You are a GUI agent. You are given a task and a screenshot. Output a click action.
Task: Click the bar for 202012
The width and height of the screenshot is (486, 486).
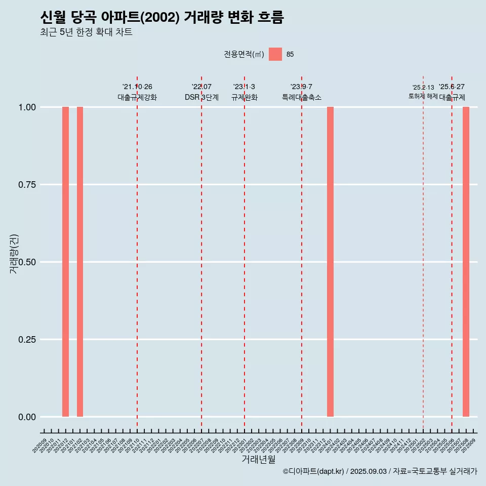pos(65,262)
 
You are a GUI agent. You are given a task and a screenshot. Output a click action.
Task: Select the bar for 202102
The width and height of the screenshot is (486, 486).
pos(80,262)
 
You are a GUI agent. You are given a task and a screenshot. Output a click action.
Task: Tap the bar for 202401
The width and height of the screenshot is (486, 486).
pos(330,262)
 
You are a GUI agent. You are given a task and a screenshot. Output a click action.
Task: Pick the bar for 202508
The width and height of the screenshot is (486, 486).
pos(466,262)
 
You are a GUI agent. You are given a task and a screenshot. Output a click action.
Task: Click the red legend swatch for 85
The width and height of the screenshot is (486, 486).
pos(275,54)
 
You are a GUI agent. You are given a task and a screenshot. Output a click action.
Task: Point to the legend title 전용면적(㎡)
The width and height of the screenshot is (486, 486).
pos(244,55)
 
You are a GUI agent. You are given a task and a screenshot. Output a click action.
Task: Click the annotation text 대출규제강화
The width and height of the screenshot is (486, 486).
pos(137,97)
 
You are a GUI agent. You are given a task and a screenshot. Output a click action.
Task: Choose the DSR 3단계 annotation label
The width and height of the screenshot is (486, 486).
pos(201,97)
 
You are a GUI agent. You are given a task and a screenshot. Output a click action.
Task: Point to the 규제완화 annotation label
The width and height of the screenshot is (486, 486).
pos(245,97)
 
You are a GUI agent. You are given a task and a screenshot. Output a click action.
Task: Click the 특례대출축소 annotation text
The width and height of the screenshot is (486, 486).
pos(302,97)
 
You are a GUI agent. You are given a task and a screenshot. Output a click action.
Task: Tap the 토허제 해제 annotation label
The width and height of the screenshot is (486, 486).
pos(423,96)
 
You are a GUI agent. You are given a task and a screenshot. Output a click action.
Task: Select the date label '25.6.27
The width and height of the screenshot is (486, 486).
pos(452,87)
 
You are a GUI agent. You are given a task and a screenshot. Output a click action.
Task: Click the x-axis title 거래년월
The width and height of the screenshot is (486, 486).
pos(259,460)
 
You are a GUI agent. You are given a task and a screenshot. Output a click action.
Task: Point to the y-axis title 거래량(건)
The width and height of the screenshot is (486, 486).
pos(14,254)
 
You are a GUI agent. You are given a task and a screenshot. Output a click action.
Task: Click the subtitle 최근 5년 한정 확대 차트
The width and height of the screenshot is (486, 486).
pos(86,32)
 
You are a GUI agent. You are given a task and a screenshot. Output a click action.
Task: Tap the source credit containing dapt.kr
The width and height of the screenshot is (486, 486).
pos(380,472)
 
